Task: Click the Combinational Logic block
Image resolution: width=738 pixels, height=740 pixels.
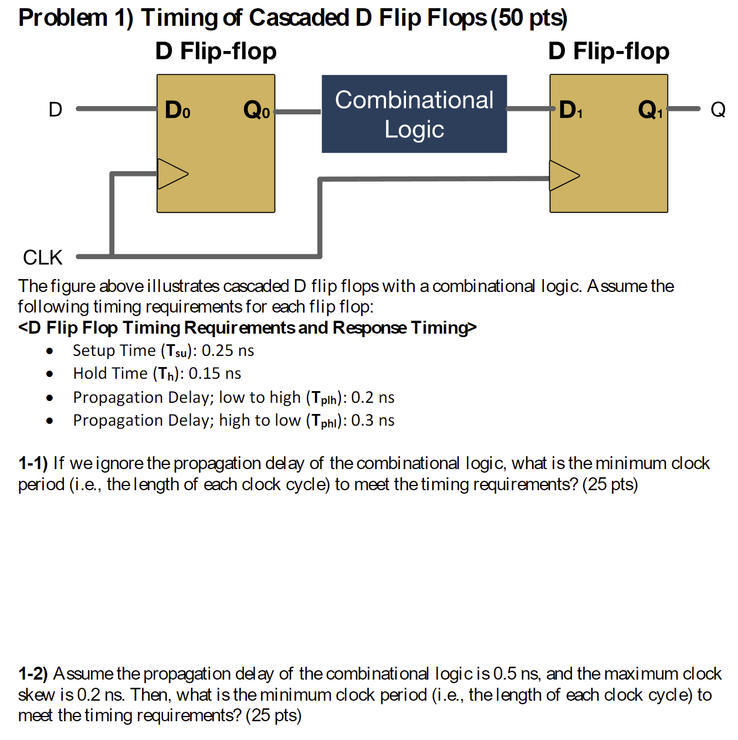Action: (414, 114)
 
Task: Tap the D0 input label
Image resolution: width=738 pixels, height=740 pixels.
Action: (177, 110)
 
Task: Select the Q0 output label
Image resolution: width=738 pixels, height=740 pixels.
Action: (256, 110)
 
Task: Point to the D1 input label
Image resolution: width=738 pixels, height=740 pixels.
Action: (570, 110)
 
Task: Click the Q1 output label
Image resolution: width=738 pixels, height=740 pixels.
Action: (650, 110)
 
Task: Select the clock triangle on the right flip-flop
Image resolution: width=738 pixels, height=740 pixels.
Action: (564, 175)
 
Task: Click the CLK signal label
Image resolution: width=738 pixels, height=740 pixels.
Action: (42, 257)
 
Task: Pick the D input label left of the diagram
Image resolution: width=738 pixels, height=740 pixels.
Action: (55, 110)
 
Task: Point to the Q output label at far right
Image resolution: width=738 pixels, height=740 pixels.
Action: (718, 110)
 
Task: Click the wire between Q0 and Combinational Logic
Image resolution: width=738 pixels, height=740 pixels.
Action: (298, 111)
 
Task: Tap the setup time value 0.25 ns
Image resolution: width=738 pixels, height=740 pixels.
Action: (228, 351)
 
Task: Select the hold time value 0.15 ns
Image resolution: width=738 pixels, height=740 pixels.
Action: (215, 374)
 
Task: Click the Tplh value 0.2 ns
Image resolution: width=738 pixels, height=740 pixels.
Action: (373, 398)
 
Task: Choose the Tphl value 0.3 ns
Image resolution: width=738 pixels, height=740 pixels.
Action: (373, 420)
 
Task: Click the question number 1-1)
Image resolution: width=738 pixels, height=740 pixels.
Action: (33, 463)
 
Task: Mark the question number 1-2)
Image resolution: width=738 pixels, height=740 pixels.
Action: (33, 674)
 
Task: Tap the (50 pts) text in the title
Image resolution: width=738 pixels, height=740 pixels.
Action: (529, 18)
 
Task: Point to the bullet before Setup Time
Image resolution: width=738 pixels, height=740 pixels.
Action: (50, 351)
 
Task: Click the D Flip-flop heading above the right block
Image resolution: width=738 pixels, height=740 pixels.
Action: (608, 52)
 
